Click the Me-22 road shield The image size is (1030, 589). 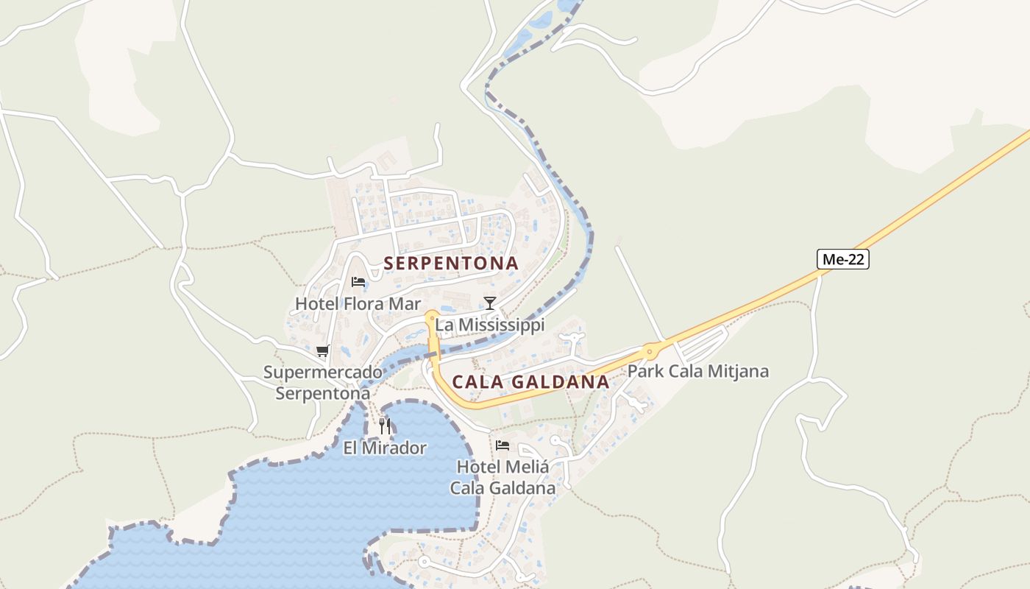click(842, 259)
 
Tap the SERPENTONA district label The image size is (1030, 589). click(451, 263)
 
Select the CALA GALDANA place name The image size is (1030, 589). click(530, 381)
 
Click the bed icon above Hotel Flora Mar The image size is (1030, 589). click(358, 282)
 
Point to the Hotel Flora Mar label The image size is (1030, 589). click(358, 303)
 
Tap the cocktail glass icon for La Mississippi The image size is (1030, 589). click(489, 303)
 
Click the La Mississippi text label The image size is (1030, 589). click(489, 325)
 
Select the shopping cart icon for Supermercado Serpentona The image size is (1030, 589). click(322, 351)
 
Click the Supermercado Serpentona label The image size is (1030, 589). click(323, 383)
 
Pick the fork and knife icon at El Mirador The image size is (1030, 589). click(385, 426)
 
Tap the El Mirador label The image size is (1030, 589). click(385, 448)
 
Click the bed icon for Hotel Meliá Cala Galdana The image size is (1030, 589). click(502, 445)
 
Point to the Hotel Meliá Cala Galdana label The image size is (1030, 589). click(503, 477)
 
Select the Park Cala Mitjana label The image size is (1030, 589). click(697, 371)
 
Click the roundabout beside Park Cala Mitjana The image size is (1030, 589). click(649, 352)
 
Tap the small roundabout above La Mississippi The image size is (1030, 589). click(432, 317)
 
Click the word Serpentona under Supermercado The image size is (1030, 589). click(323, 393)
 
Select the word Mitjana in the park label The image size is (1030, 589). click(738, 371)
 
